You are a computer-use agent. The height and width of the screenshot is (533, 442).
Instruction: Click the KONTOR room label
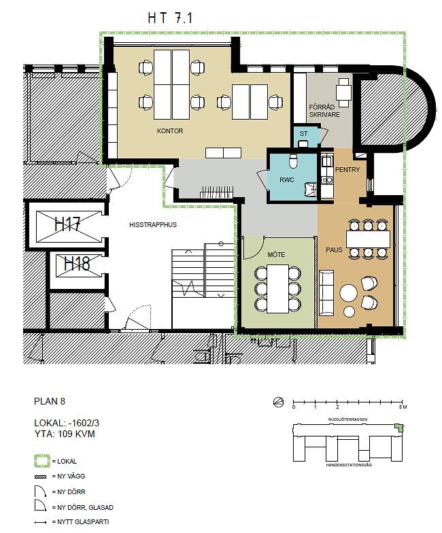(170, 131)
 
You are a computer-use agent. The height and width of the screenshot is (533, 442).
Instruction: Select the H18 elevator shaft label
(77, 263)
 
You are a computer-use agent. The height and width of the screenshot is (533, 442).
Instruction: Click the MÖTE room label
(275, 255)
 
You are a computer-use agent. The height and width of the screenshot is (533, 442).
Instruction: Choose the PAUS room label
(333, 250)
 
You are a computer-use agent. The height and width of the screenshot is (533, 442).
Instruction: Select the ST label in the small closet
(303, 135)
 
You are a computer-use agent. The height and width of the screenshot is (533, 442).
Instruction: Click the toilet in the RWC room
(292, 161)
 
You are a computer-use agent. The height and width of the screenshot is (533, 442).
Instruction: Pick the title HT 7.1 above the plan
(171, 19)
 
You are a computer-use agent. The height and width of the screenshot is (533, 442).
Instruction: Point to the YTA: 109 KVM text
(63, 434)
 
